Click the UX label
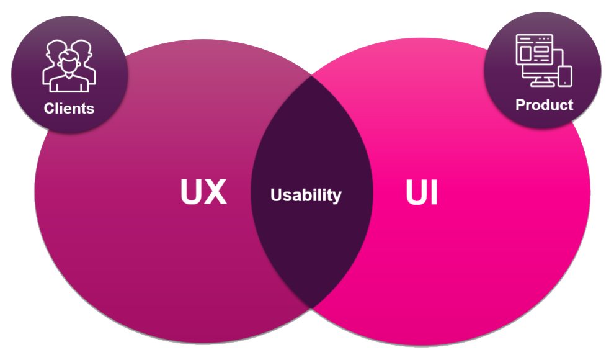[203, 192]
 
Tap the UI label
[422, 192]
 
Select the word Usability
[306, 195]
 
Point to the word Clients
[69, 108]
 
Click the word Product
[545, 105]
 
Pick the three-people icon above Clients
[69, 66]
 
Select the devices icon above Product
[544, 60]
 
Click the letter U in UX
[191, 192]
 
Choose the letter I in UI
[434, 192]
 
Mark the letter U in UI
[417, 192]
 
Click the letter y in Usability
[337, 197]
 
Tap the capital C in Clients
[49, 108]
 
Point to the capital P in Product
[520, 105]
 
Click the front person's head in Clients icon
[69, 63]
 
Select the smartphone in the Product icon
[565, 76]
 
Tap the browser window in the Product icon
[534, 50]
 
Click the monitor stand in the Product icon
[542, 83]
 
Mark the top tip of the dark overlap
[312, 76]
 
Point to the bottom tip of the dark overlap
[312, 307]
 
